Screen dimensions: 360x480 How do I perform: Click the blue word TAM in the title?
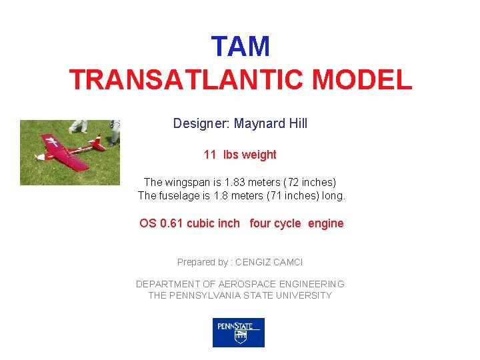(240, 47)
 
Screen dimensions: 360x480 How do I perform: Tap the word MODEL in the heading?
(362, 80)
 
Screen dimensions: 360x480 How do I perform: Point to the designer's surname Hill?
(297, 123)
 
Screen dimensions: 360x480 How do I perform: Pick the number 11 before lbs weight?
(209, 155)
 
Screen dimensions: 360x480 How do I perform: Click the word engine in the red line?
(325, 223)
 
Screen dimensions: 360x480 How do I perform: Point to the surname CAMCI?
(287, 263)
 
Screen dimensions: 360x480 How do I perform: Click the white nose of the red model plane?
(40, 157)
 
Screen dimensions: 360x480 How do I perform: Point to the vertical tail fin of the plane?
(98, 140)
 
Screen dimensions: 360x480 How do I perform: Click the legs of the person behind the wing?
(78, 126)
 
